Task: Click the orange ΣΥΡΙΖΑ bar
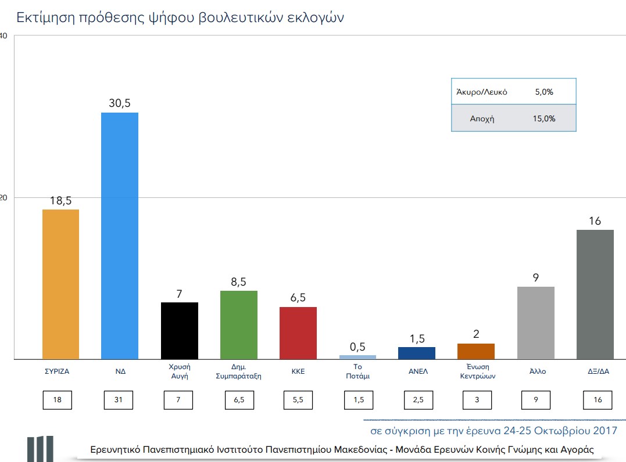[x=60, y=284]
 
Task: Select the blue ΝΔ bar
[x=120, y=236]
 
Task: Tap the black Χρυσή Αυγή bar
[x=179, y=331]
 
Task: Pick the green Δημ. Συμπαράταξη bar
[x=239, y=325]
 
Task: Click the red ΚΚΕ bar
[x=298, y=333]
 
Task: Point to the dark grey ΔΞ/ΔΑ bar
[x=595, y=295]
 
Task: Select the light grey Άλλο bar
[x=535, y=323]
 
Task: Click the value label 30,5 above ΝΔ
[x=120, y=103]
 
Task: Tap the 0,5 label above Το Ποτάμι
[x=357, y=346]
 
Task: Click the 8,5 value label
[x=239, y=281]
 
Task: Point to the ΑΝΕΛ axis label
[x=417, y=371]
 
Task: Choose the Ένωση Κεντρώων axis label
[x=477, y=371]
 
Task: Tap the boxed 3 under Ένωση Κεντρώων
[x=477, y=399]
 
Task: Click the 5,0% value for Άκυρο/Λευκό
[x=544, y=92]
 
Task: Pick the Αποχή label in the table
[x=482, y=119]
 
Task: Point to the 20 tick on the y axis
[x=3, y=198]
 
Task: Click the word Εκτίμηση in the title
[x=46, y=17]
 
